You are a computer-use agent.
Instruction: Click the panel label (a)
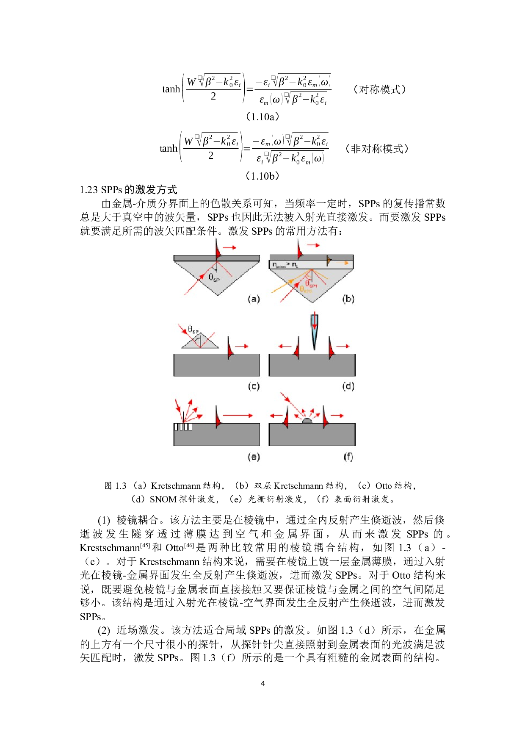(x=253, y=299)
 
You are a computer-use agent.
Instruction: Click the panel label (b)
(x=348, y=299)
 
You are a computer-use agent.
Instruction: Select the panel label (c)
(x=253, y=386)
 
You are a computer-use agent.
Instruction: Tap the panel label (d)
(x=348, y=386)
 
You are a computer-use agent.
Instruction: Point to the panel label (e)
(x=253, y=457)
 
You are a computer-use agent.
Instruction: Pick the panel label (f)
(x=348, y=457)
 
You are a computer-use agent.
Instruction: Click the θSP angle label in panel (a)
(x=214, y=278)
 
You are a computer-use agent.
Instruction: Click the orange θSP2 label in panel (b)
(x=306, y=290)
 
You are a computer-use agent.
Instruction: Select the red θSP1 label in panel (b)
(x=310, y=284)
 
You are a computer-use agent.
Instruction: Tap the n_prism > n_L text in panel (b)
(x=285, y=265)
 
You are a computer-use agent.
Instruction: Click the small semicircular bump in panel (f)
(x=307, y=421)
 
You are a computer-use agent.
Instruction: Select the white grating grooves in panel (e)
(x=183, y=427)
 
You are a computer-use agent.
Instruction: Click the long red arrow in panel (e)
(x=237, y=416)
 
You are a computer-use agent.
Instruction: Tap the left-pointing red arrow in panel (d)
(x=285, y=346)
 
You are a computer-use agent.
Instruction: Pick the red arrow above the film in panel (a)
(x=229, y=247)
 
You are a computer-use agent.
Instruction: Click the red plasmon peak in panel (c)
(x=230, y=350)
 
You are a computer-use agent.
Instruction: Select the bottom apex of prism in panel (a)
(x=217, y=295)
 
